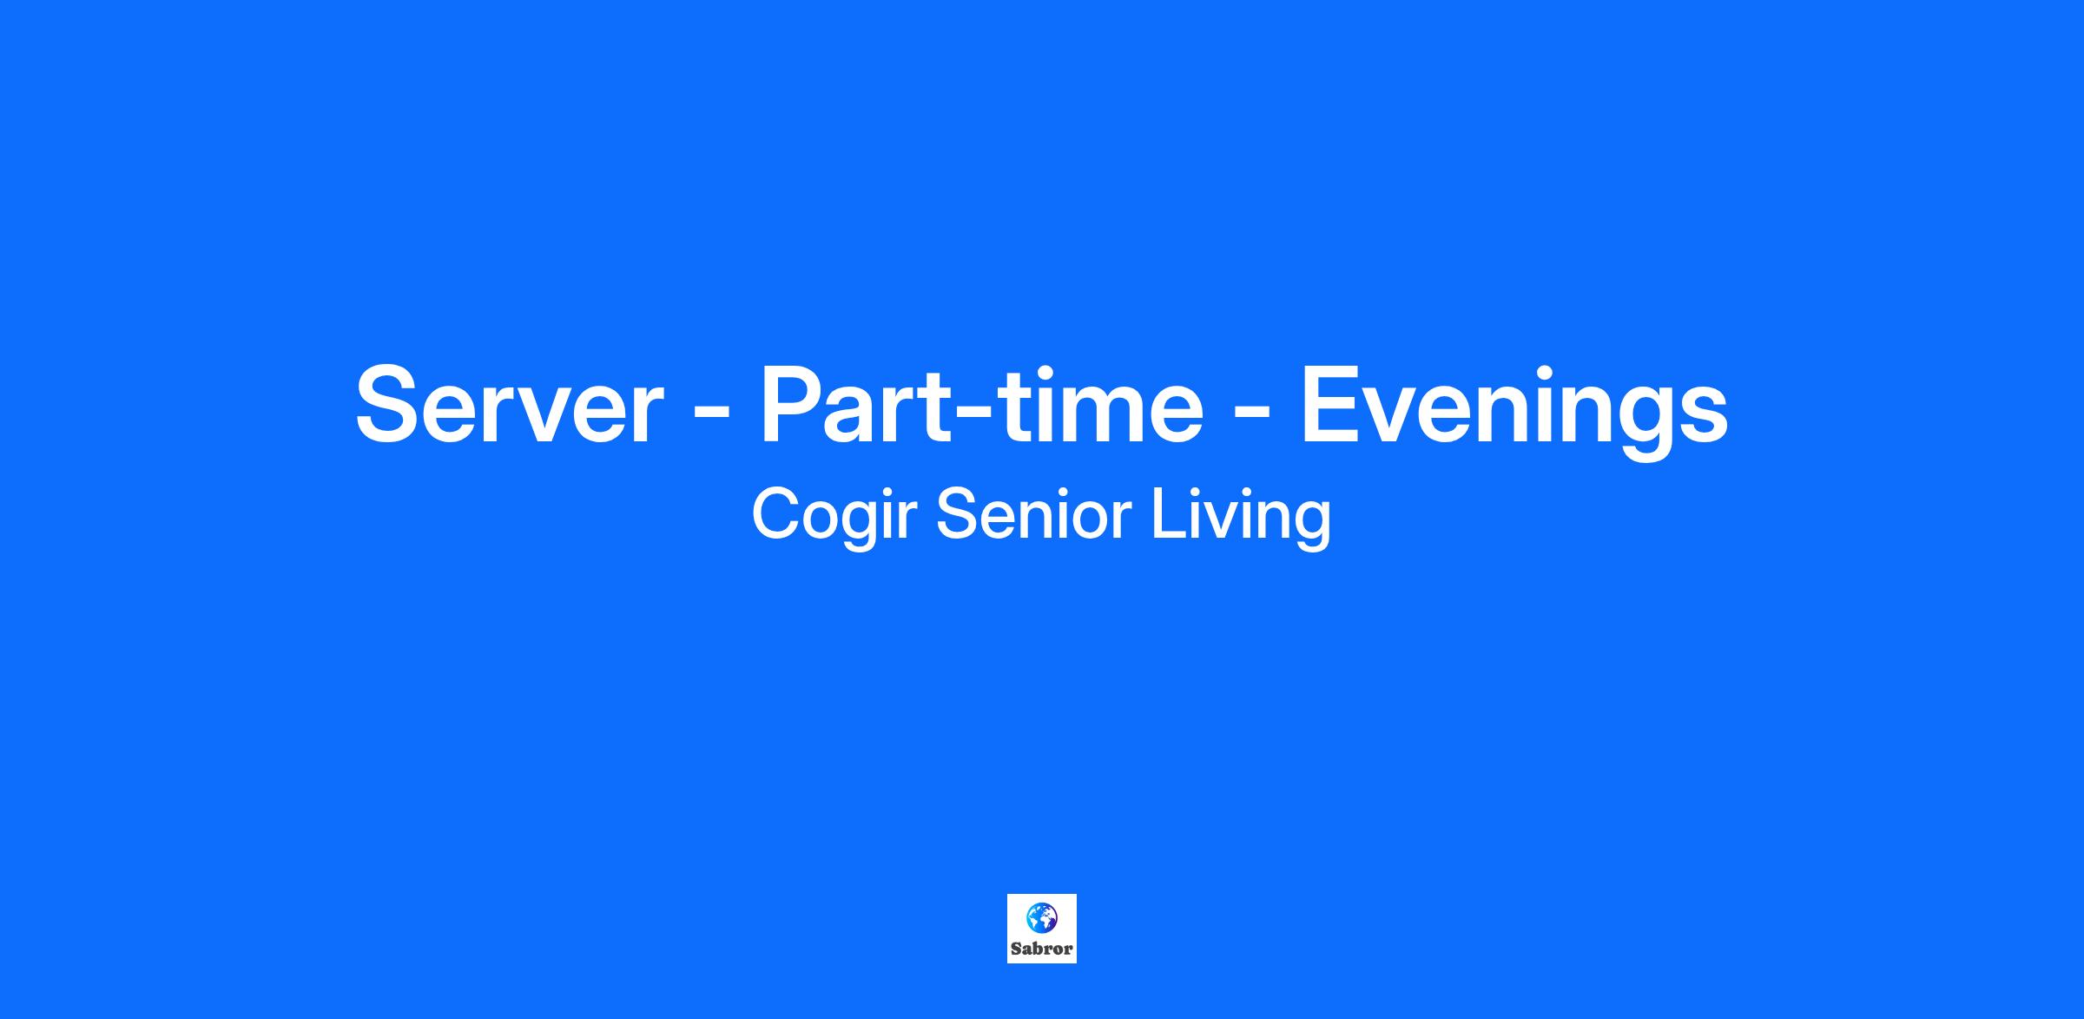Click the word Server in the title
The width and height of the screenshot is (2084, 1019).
(510, 406)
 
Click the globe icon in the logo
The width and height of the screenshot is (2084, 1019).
(1041, 917)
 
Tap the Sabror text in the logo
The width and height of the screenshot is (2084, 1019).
(1042, 949)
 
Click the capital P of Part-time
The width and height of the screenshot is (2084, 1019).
(794, 404)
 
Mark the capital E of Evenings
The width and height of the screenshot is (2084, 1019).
(1330, 404)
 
